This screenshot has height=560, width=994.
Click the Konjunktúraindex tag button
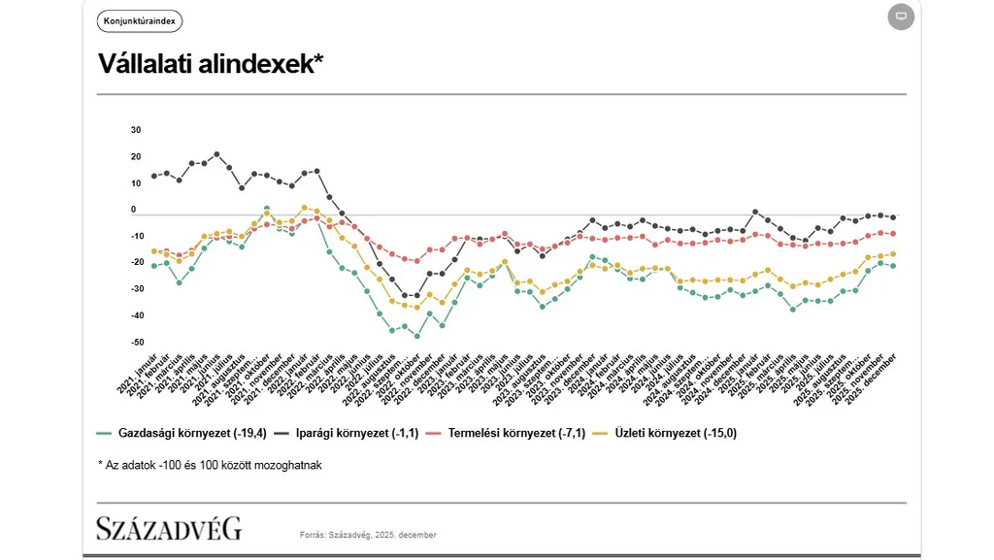(x=140, y=21)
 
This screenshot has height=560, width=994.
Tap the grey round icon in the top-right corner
(x=901, y=16)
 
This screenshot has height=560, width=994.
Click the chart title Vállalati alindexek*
(x=211, y=64)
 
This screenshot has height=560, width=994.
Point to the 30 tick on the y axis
(x=136, y=130)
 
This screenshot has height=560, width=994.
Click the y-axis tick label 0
(x=135, y=211)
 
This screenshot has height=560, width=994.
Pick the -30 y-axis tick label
(x=136, y=289)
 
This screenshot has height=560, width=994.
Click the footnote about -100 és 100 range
(x=210, y=465)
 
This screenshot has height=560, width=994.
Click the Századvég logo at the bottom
(x=169, y=529)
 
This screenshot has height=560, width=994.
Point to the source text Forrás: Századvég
(x=368, y=535)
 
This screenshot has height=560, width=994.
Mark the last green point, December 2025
(x=893, y=266)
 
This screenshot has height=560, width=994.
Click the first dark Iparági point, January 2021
(x=153, y=177)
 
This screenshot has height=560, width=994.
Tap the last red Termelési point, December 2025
(x=893, y=234)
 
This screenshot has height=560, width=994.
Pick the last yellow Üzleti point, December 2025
(x=893, y=254)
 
